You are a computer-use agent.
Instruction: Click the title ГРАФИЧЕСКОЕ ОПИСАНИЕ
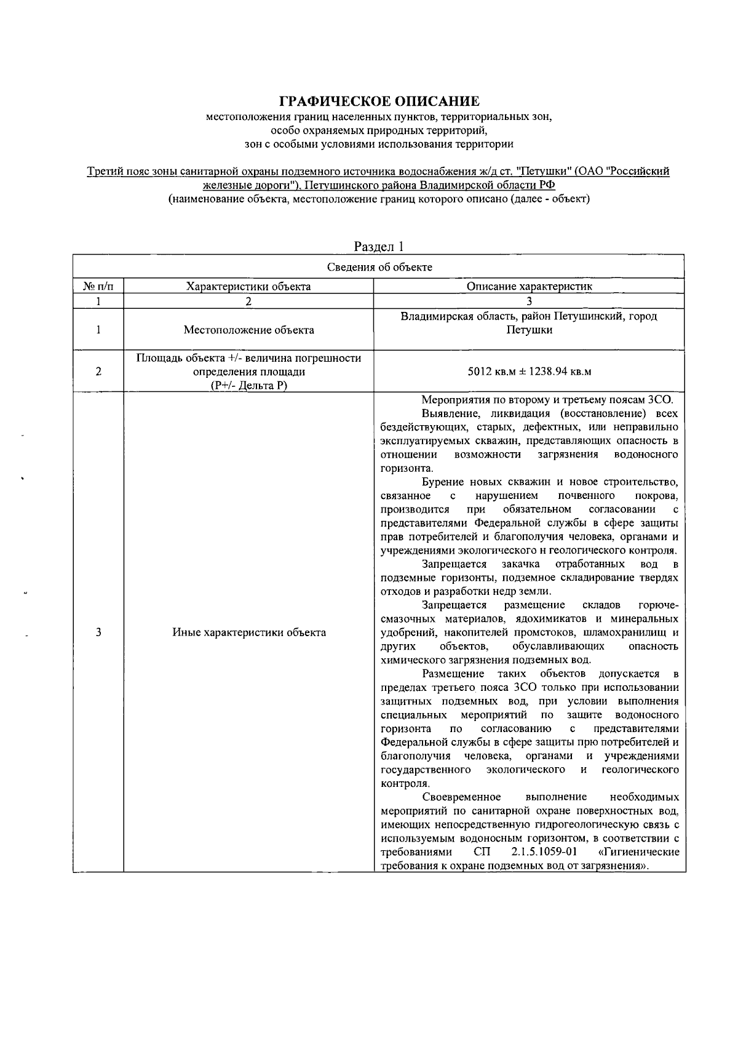click(379, 101)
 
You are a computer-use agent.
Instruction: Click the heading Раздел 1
click(379, 247)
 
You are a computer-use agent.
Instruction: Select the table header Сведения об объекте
click(379, 267)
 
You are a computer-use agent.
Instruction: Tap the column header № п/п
click(98, 286)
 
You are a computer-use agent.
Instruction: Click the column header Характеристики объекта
click(248, 286)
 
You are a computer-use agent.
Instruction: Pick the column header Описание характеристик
click(529, 286)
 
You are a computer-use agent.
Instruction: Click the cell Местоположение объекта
click(248, 330)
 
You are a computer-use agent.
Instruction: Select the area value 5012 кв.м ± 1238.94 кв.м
click(529, 372)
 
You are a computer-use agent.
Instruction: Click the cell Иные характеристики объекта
click(248, 632)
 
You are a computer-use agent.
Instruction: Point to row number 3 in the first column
click(98, 632)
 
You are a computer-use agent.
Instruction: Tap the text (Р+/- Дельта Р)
click(248, 385)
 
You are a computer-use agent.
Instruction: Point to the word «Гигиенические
click(638, 852)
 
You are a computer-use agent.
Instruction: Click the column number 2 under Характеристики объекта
click(248, 301)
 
